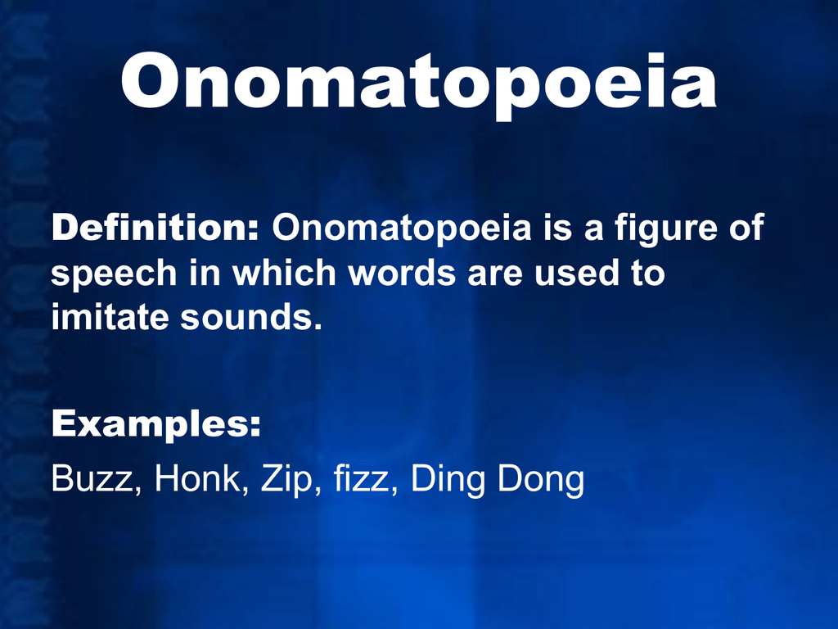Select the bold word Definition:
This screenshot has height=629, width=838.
coord(155,229)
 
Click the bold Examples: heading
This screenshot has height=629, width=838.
coord(156,425)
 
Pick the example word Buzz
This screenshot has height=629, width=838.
coord(88,479)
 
